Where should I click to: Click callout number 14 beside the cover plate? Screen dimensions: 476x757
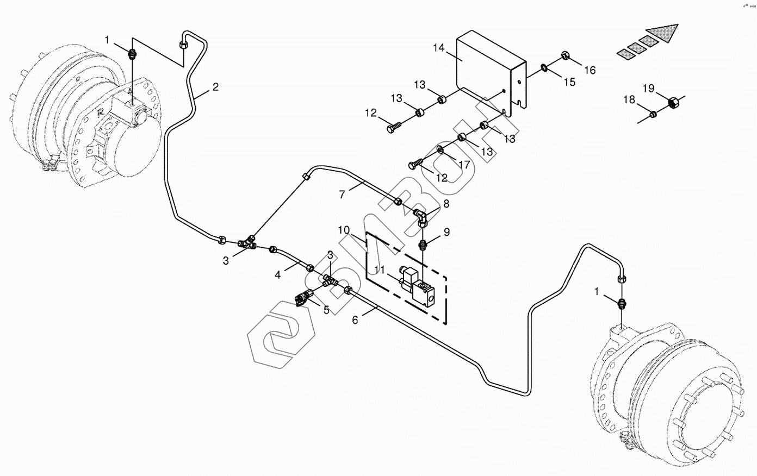coord(439,47)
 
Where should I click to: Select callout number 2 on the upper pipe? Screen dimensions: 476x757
coord(215,87)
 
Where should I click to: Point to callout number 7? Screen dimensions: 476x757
coord(342,194)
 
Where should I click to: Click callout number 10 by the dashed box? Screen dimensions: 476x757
coord(344,230)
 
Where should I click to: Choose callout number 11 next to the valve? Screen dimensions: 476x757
coord(379,269)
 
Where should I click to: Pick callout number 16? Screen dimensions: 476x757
coord(590,70)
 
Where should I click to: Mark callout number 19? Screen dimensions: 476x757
coord(648,88)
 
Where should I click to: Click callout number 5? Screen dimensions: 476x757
coord(326,310)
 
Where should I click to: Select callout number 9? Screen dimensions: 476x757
coord(446,232)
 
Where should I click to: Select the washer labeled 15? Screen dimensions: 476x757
coord(544,67)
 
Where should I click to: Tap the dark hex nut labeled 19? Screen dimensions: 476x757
coord(672,101)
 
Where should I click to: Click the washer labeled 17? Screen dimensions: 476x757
coord(440,149)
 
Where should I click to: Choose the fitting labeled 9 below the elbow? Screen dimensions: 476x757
coord(425,243)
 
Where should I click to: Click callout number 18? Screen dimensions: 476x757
coord(629,99)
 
